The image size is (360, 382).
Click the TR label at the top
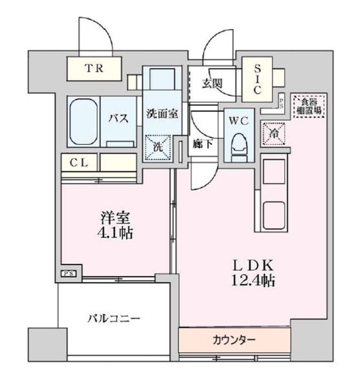pyautogui.click(x=95, y=67)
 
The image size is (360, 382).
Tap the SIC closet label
pyautogui.click(x=257, y=78)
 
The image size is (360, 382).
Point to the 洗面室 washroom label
pyautogui.click(x=161, y=114)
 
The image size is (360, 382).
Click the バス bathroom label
pyautogui.click(x=117, y=118)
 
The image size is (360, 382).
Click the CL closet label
pyautogui.click(x=80, y=162)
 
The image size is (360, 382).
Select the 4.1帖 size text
pyautogui.click(x=116, y=233)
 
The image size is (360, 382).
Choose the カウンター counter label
pyautogui.click(x=233, y=339)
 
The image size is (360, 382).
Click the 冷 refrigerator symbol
pyautogui.click(x=272, y=133)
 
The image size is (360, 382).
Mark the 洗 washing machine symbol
pyautogui.click(x=158, y=145)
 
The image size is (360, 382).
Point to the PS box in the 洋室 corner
pyautogui.click(x=69, y=274)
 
